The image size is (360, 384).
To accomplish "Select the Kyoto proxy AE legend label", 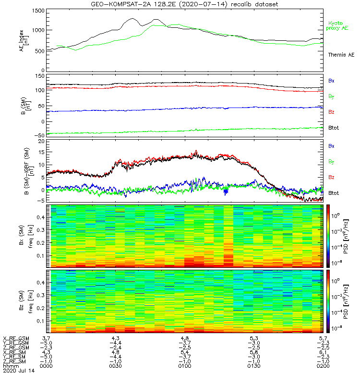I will coord(337,25).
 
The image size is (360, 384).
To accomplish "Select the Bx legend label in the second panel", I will coord(331,81).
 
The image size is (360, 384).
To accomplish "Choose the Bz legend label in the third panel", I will coord(331,178).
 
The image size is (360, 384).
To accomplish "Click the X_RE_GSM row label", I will coord(15,338).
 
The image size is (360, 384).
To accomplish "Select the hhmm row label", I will coord(9,365).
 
